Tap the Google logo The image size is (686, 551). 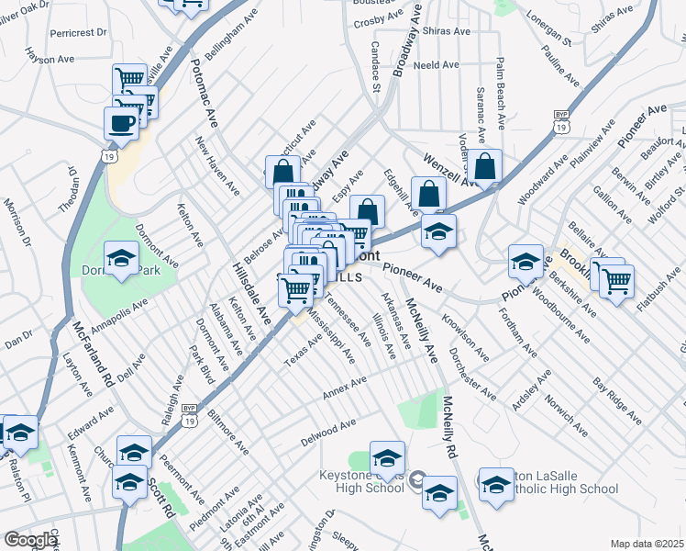pos(30,540)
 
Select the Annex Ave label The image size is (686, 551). pos(345,388)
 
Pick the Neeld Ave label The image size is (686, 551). pos(436,65)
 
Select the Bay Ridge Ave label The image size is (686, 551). pos(617,396)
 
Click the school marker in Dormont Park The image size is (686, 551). pos(121,259)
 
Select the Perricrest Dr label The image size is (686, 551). pos(80,32)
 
